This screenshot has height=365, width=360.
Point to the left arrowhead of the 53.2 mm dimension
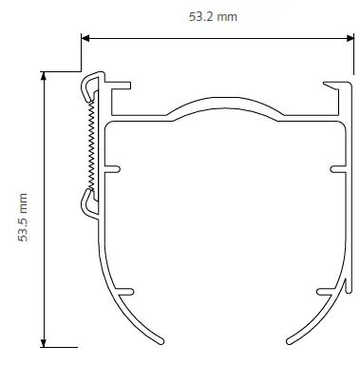pyautogui.click(x=85, y=38)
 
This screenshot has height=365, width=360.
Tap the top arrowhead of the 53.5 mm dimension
pyautogui.click(x=43, y=76)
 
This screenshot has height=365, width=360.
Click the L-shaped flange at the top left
pyautogui.click(x=118, y=91)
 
